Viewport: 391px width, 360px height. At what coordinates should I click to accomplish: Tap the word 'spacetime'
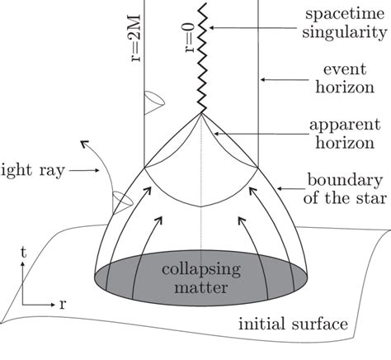click(338, 16)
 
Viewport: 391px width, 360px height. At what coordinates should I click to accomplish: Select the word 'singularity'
click(337, 36)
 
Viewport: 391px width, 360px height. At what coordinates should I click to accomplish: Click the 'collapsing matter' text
click(201, 279)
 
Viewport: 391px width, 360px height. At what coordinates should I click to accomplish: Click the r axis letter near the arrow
click(63, 302)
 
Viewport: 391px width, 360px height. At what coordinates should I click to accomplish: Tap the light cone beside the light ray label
click(100, 199)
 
